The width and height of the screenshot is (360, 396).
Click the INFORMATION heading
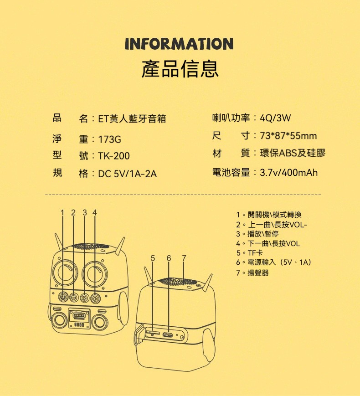tap(179, 43)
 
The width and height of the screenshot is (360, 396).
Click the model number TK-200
tap(113, 156)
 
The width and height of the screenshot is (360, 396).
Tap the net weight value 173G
tap(110, 139)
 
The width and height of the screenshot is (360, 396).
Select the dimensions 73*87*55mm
tap(288, 136)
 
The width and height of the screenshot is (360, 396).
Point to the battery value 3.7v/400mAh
tap(289, 173)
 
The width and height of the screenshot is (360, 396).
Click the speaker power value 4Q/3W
tap(275, 118)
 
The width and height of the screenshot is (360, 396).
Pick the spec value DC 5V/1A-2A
tap(127, 174)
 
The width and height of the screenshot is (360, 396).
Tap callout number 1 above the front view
tap(62, 213)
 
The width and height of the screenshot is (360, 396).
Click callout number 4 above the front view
tap(95, 213)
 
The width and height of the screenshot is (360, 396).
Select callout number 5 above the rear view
tap(153, 258)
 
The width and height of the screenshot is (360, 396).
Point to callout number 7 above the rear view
tap(184, 258)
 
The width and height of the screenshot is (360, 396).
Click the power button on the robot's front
tap(63, 297)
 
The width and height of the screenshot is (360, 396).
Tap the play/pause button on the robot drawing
tap(84, 298)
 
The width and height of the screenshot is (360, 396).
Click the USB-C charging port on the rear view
tap(168, 335)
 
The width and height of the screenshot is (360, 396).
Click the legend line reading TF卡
tap(249, 253)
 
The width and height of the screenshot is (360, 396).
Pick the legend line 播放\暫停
tap(257, 234)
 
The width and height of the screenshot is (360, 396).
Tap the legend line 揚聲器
tap(252, 273)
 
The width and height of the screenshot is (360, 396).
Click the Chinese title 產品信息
tap(180, 69)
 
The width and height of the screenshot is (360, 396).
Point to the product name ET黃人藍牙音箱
tap(132, 118)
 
